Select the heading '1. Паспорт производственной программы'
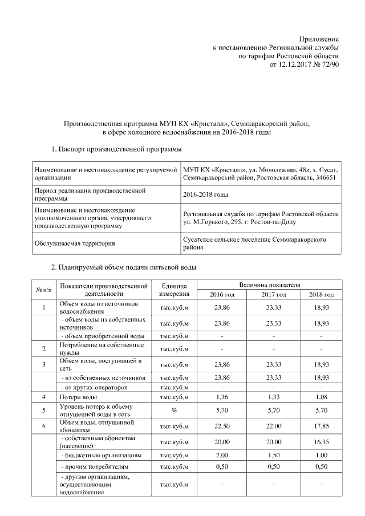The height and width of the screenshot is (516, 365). tap(116, 149)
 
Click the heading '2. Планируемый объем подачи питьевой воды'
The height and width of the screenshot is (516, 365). tap(124, 266)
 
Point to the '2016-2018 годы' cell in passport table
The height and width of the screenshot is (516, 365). tap(205, 194)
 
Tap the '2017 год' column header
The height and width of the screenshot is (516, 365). tap(273, 294)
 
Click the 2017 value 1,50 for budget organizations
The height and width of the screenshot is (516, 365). tap(273, 456)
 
